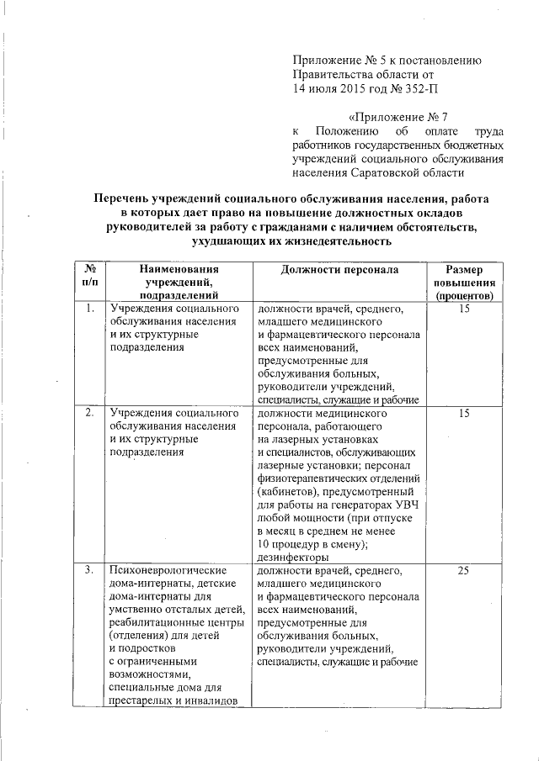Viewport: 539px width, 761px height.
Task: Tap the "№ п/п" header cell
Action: tap(90, 277)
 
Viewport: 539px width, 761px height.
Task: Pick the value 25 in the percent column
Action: tap(462, 572)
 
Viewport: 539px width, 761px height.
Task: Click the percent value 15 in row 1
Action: tap(462, 309)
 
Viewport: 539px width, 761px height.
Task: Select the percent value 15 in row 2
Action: tap(462, 415)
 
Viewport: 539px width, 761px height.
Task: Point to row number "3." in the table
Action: tap(89, 572)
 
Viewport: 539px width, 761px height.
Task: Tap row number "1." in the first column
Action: tap(89, 309)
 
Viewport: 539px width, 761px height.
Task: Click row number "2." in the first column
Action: tap(89, 415)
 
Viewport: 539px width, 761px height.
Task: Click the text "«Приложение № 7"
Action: tap(398, 116)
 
